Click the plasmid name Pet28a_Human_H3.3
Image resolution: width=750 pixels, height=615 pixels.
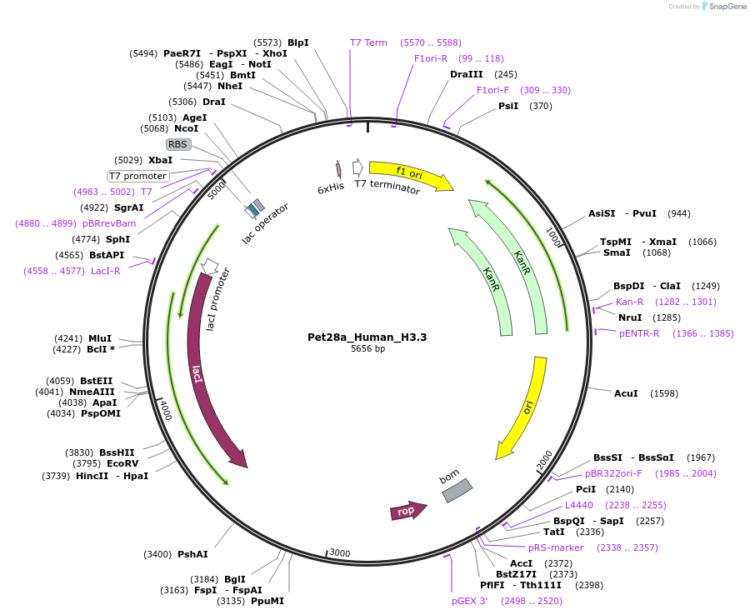click(x=367, y=337)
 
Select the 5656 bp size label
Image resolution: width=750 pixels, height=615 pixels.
click(x=367, y=348)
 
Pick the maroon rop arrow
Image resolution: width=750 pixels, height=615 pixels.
click(x=407, y=511)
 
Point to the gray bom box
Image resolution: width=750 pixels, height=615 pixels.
click(x=457, y=490)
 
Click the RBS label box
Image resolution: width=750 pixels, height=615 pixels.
click(x=178, y=144)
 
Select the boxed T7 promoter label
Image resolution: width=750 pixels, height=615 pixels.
click(x=138, y=176)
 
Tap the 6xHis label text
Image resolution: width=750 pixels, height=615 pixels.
click(x=331, y=188)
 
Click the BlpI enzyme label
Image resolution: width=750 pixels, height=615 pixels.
click(x=297, y=42)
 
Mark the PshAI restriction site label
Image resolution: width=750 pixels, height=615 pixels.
click(x=192, y=554)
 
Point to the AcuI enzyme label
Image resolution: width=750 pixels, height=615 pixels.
click(x=626, y=393)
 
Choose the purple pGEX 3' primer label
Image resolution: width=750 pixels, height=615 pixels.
click(x=470, y=601)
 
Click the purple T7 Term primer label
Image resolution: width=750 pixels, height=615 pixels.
click(x=368, y=42)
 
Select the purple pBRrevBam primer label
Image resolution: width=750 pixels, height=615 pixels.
click(x=109, y=223)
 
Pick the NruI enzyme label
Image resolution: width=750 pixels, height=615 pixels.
click(x=630, y=317)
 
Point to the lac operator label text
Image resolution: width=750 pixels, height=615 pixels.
click(x=265, y=223)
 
